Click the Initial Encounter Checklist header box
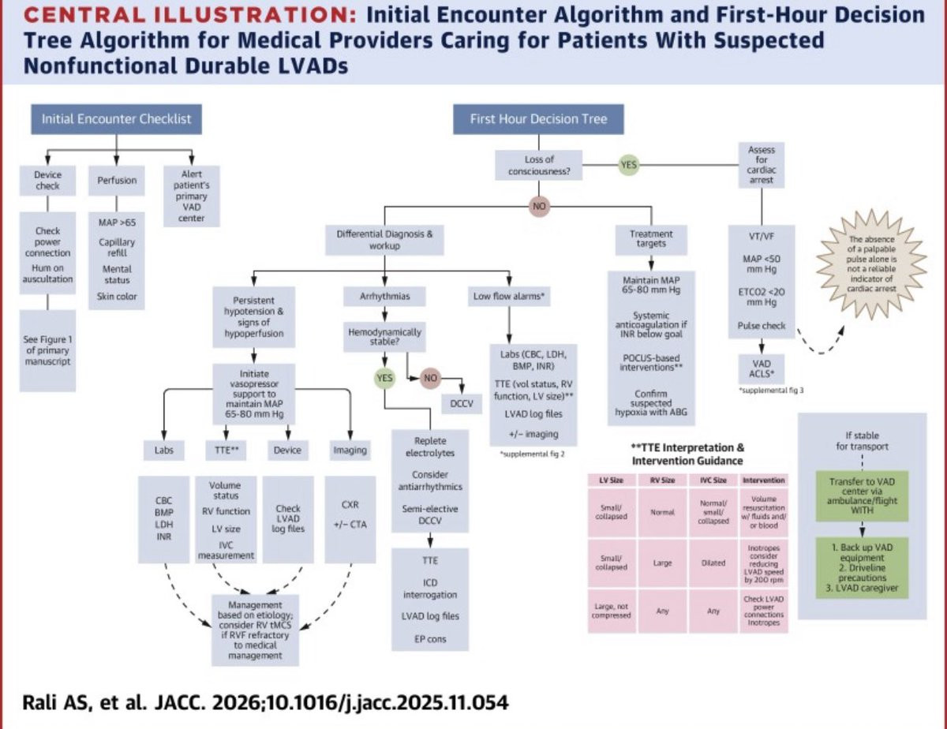(116, 120)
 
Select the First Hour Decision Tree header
(540, 120)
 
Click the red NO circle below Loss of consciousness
(540, 206)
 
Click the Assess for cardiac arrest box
(761, 164)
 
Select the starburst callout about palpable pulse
(872, 264)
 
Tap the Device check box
(47, 181)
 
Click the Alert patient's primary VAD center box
(189, 196)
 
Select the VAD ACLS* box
(761, 368)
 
